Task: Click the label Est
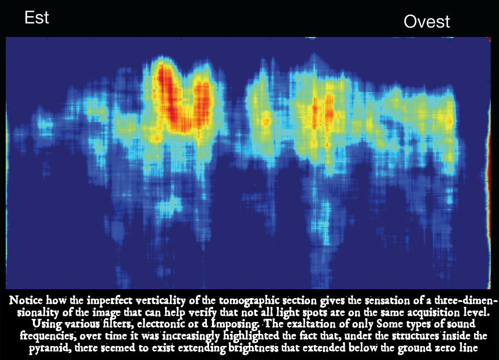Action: click(x=36, y=18)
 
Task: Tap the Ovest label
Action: click(x=427, y=22)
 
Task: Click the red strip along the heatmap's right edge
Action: click(x=488, y=162)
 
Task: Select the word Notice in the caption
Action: click(x=26, y=300)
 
